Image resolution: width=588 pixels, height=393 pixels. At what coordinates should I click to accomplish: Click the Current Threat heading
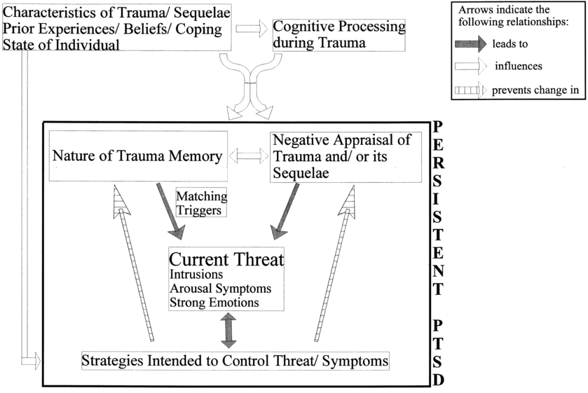click(226, 259)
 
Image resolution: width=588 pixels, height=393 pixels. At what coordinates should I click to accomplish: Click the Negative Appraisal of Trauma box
click(346, 156)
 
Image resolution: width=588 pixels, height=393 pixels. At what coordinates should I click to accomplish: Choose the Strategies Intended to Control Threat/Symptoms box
click(235, 361)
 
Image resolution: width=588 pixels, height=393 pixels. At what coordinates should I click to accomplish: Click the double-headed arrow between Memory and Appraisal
click(249, 156)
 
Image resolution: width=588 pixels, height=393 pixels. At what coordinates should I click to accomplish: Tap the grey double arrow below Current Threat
click(227, 329)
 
